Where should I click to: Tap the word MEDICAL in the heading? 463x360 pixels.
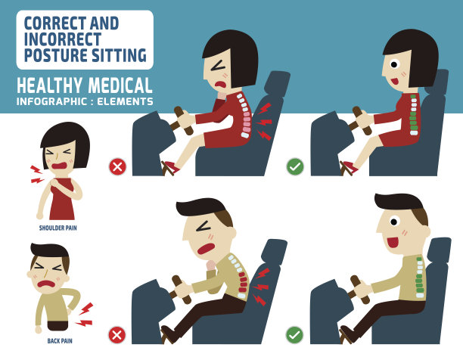120,85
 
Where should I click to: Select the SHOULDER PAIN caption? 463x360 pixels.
57,228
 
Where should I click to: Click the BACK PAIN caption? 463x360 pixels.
60,341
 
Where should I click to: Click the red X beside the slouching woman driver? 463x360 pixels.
117,166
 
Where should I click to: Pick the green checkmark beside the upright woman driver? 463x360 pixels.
295,166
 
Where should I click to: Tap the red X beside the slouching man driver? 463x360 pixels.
117,335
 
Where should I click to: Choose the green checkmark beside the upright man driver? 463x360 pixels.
294,335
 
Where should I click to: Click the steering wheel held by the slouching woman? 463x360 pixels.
183,121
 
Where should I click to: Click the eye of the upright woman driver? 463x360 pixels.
394,64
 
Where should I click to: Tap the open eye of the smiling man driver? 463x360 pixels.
393,222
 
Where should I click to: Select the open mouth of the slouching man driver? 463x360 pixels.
206,248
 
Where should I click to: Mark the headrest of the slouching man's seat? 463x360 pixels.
274,251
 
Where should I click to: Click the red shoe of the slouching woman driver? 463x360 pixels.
171,167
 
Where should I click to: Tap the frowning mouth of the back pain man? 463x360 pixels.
47,284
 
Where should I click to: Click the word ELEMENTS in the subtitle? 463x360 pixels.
125,101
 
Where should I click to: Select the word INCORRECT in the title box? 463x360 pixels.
63,39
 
